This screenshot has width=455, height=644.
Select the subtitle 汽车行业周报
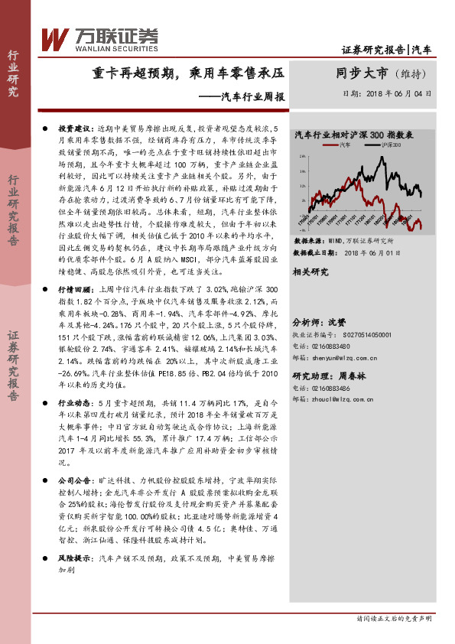click(242, 97)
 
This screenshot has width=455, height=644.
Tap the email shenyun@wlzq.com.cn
click(353, 356)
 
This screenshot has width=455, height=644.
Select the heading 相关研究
click(310, 272)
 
